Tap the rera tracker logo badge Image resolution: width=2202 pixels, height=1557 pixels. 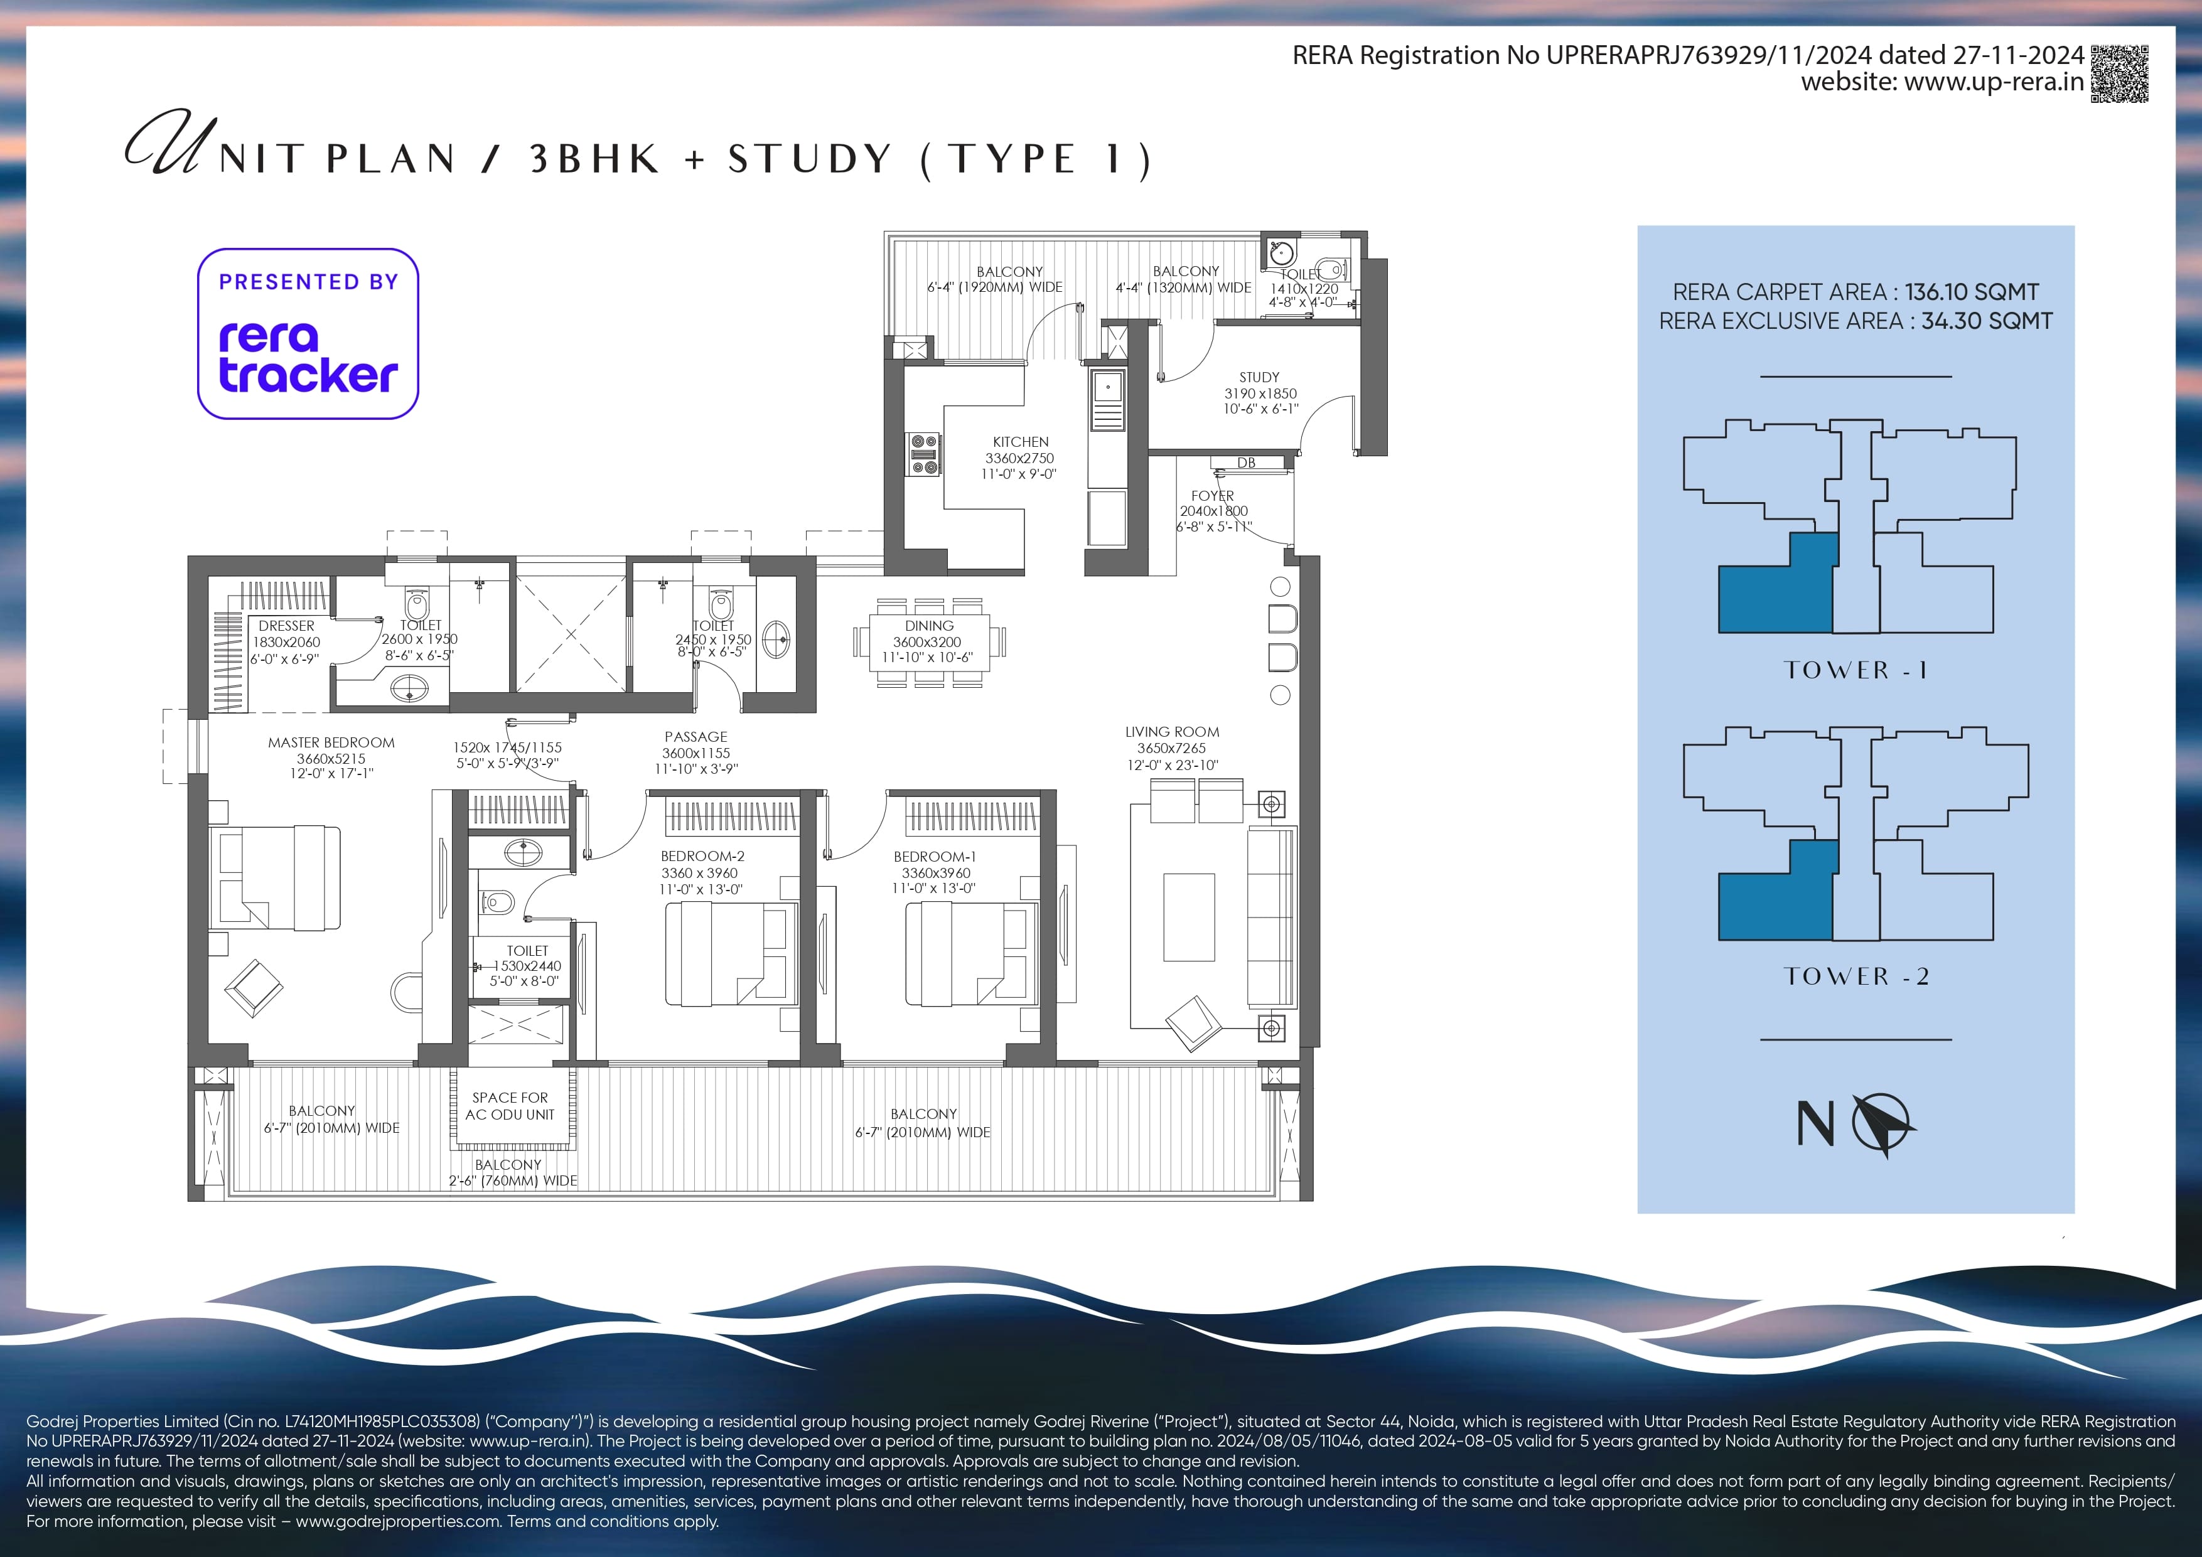pyautogui.click(x=308, y=334)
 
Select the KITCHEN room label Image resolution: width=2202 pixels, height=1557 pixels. pyautogui.click(x=1021, y=442)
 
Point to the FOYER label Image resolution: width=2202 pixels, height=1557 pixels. pyautogui.click(x=1212, y=496)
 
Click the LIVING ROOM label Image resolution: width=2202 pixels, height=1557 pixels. pyautogui.click(x=1172, y=732)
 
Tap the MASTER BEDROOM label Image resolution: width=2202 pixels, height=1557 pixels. pyautogui.click(x=331, y=742)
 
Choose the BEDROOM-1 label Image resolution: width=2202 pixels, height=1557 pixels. pyautogui.click(x=935, y=856)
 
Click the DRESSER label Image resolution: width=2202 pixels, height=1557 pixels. pyautogui.click(x=286, y=625)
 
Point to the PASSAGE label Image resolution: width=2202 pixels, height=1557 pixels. pyautogui.click(x=696, y=736)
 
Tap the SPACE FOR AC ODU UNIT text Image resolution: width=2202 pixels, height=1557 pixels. pyautogui.click(x=510, y=1105)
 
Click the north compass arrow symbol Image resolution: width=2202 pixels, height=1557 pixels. pyautogui.click(x=1882, y=1123)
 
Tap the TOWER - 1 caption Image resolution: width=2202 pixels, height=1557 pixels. pyautogui.click(x=1855, y=670)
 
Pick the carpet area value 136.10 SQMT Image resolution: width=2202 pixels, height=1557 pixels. pyautogui.click(x=1972, y=291)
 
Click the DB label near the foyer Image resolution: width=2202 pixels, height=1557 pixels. pyautogui.click(x=1246, y=463)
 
